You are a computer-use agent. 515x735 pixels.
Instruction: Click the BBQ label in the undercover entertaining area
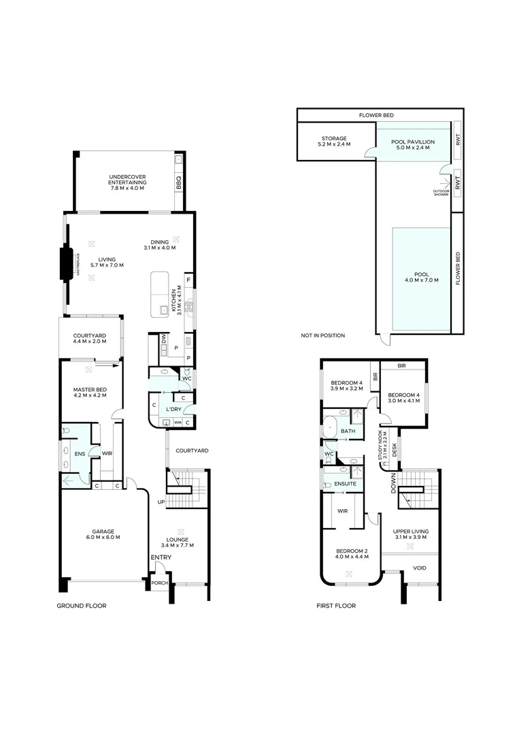click(x=179, y=182)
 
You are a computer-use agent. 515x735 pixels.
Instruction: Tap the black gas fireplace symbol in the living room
click(x=68, y=264)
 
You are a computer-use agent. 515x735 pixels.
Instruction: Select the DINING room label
click(x=161, y=244)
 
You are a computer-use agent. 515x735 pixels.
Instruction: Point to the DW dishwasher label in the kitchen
click(x=164, y=338)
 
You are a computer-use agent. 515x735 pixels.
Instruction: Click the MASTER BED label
click(x=90, y=392)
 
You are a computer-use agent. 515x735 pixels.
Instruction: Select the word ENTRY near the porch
click(x=161, y=558)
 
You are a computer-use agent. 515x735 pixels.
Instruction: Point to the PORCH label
click(x=159, y=583)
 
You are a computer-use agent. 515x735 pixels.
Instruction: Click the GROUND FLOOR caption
click(x=82, y=605)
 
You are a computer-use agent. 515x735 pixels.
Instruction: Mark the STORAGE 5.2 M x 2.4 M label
click(x=334, y=141)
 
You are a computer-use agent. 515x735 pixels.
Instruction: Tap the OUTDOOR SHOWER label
click(x=441, y=193)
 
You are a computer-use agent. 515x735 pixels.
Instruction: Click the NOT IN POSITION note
click(x=322, y=336)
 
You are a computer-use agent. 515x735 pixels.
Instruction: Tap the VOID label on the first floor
click(x=420, y=568)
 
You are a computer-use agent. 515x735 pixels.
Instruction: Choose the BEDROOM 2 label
click(x=352, y=553)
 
